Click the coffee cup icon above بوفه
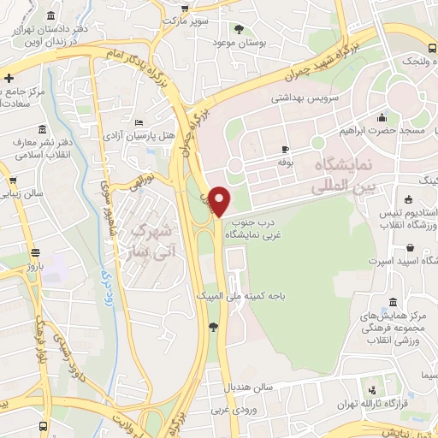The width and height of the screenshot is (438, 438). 285,148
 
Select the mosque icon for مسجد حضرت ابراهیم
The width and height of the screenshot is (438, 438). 381,118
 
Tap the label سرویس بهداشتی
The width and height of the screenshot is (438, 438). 305,98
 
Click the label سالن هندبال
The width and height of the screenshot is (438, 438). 248,388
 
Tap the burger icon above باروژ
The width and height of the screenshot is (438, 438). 36,252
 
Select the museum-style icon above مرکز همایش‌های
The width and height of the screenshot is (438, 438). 392,303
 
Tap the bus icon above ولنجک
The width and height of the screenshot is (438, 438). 432,47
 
